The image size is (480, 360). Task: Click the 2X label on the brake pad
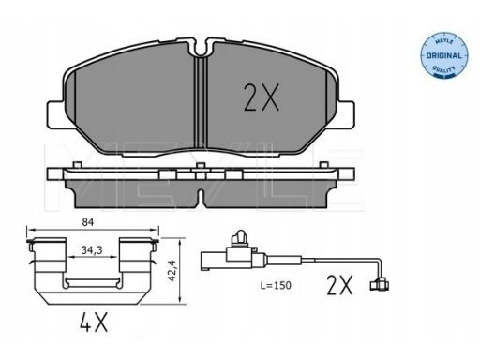(262, 97)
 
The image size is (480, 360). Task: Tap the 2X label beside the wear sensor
(339, 285)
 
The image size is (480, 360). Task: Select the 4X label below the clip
(94, 322)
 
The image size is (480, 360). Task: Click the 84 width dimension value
(88, 222)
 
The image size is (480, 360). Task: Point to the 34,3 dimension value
(92, 250)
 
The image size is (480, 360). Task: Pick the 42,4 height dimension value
(172, 271)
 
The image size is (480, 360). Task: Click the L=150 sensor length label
(276, 285)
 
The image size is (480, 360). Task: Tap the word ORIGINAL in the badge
(443, 56)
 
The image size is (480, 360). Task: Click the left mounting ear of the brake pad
(55, 114)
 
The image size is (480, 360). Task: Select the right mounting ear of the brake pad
(347, 114)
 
